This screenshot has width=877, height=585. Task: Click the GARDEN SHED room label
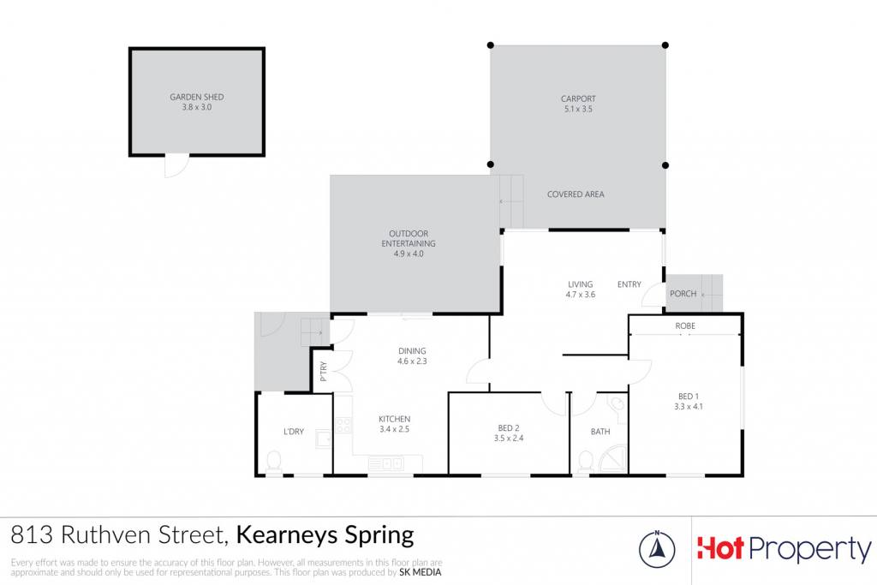click(x=197, y=97)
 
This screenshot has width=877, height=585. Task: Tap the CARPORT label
click(x=578, y=99)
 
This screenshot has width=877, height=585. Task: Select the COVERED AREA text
click(x=576, y=194)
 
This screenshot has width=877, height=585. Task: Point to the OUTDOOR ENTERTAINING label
click(x=409, y=238)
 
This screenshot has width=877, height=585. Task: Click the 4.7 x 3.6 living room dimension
click(x=580, y=295)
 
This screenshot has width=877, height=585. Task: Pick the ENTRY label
click(x=629, y=284)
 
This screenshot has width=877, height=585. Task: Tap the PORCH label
click(x=683, y=294)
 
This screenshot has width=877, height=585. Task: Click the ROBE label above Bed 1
click(x=685, y=326)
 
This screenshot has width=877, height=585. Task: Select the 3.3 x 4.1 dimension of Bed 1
click(x=689, y=407)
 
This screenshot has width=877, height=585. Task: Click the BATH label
click(x=600, y=432)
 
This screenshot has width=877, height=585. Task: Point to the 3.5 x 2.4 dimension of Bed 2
click(x=509, y=439)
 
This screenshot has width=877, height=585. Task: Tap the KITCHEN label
click(x=394, y=419)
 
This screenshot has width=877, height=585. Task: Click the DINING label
click(x=412, y=351)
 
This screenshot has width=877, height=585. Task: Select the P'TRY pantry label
click(x=323, y=372)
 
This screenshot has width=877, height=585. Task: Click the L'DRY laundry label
click(x=294, y=432)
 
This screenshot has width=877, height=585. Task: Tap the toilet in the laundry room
click(x=273, y=463)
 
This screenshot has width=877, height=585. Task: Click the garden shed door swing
click(x=177, y=166)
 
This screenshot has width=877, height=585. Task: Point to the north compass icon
click(x=657, y=549)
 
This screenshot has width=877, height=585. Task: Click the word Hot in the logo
click(x=720, y=548)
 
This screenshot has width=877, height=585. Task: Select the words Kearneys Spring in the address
click(x=325, y=535)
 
